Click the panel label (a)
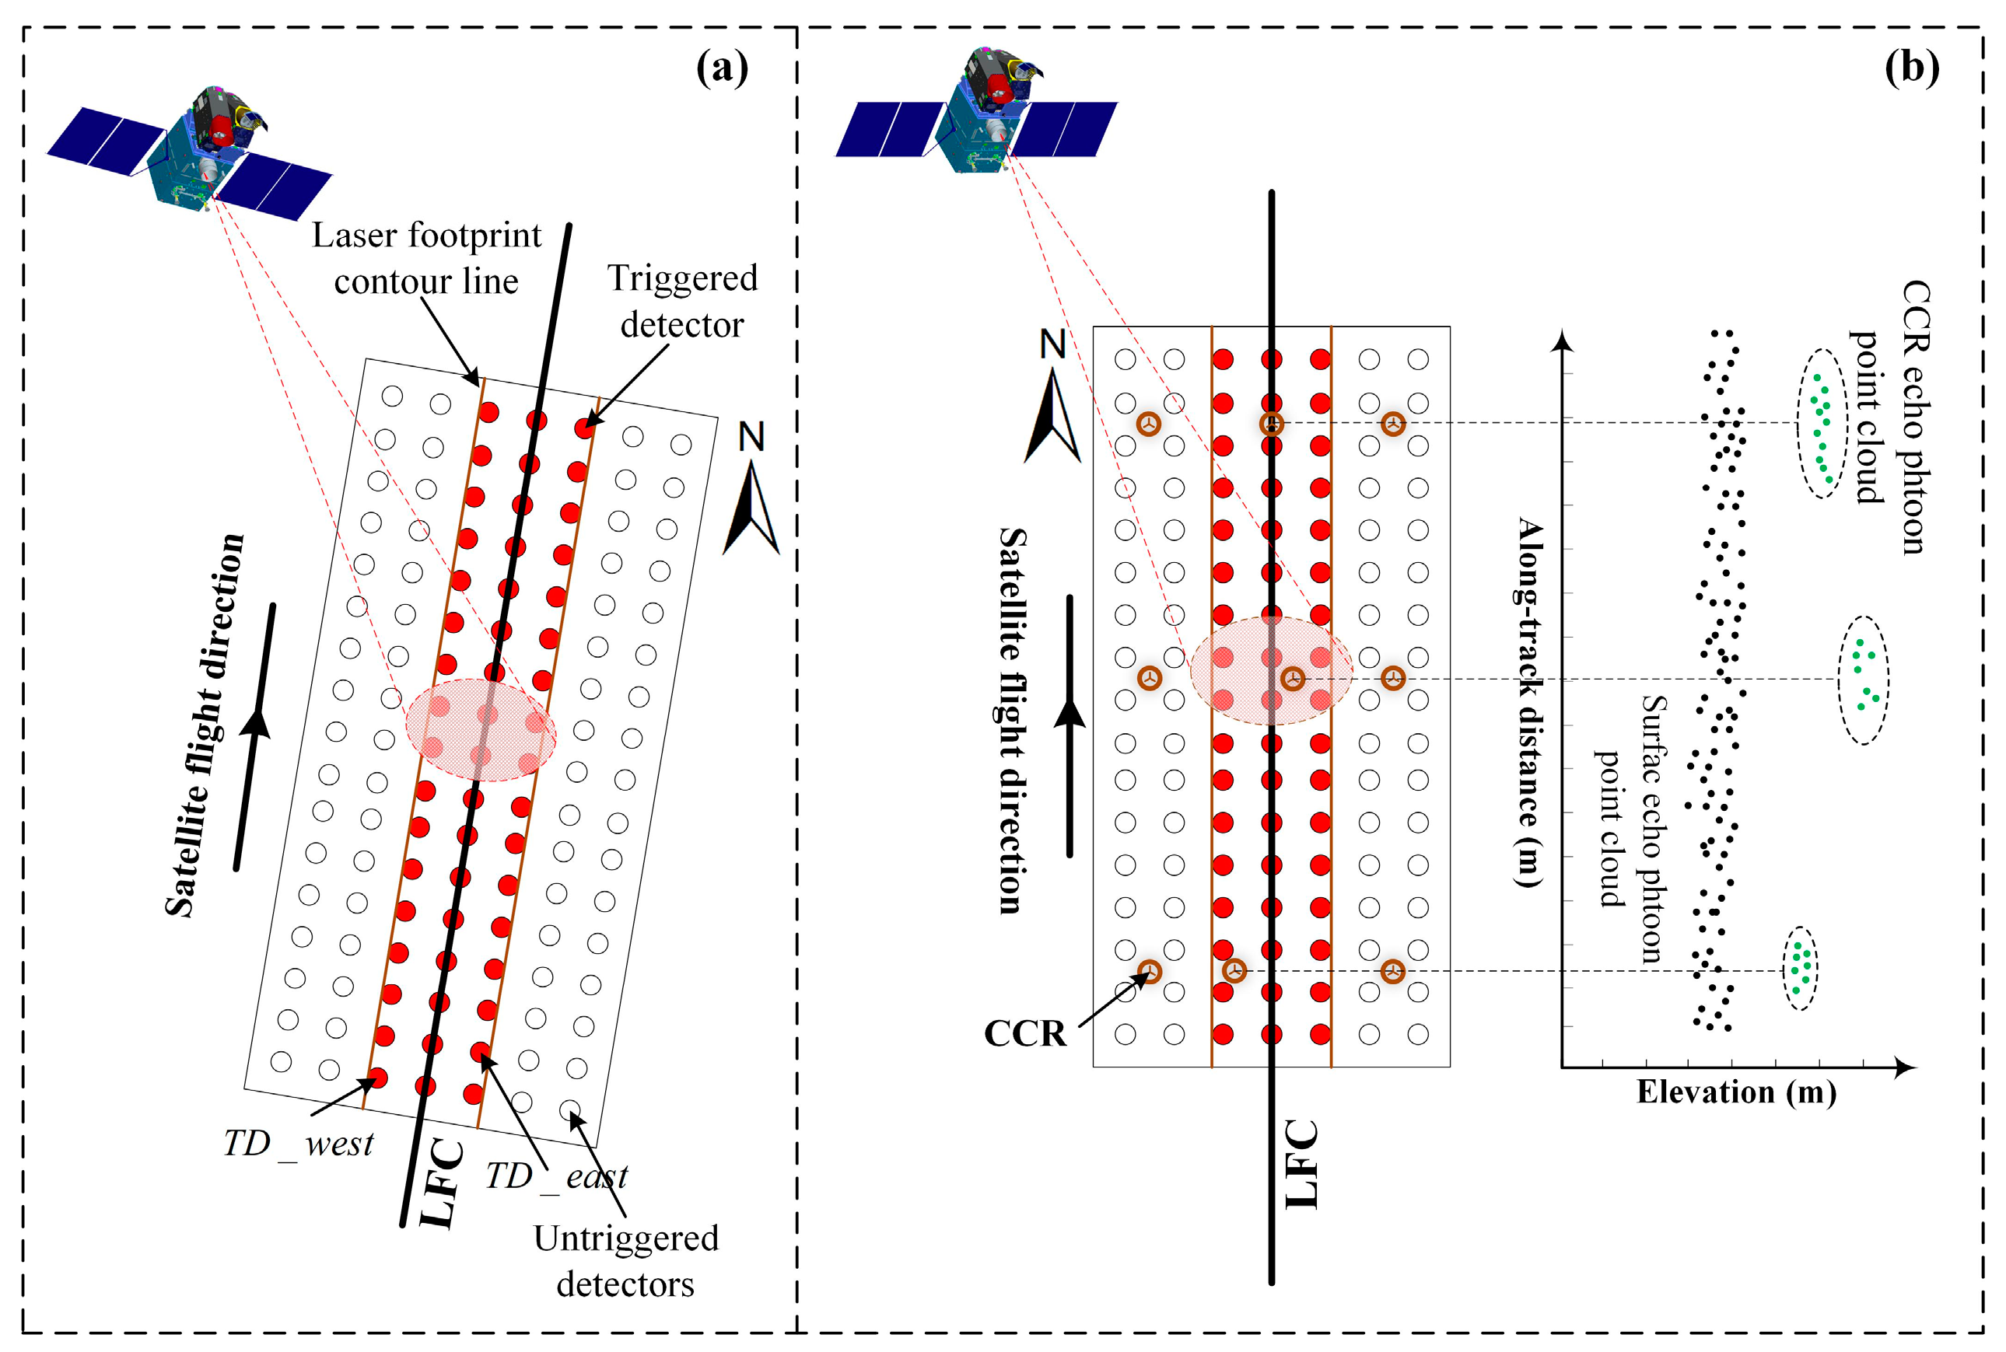coord(722,68)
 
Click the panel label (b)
coord(1911,68)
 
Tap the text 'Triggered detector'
coord(681,301)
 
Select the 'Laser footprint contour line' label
coord(426,258)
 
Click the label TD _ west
coord(298,1144)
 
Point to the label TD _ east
coord(556,1176)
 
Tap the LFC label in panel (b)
coord(1301,1164)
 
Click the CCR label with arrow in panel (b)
coord(1024,1033)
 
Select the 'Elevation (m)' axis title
coord(1736,1092)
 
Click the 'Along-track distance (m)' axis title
coord(1529,702)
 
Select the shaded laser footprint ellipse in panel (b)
coord(1270,670)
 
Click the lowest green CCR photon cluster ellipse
coord(1800,967)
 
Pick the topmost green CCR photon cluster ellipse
coord(1822,424)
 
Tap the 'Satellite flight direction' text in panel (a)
coord(205,725)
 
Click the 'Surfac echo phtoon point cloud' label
coord(1632,828)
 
